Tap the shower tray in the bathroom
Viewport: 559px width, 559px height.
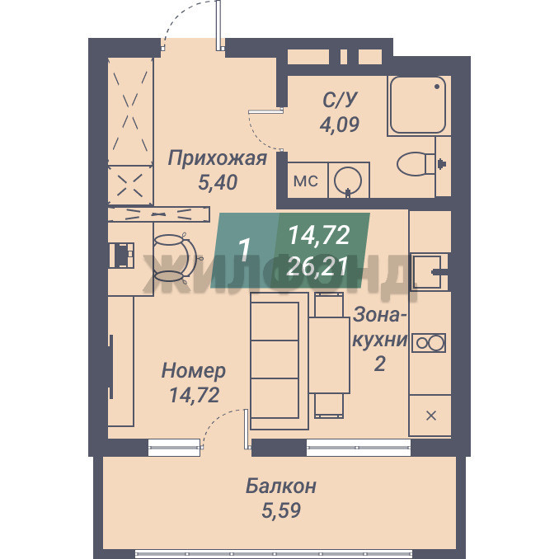pos(418,105)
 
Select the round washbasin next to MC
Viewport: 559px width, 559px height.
pos(348,181)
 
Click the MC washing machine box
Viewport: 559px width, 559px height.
pos(307,181)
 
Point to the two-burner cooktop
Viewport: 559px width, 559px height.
pos(429,343)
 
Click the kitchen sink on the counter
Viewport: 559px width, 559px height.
pos(428,271)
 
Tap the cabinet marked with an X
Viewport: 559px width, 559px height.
pos(430,416)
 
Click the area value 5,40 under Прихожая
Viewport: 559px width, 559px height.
pos(218,182)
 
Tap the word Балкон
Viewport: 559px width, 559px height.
pos(280,486)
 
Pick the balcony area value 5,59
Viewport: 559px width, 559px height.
pos(281,510)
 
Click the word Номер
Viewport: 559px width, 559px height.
pos(194,371)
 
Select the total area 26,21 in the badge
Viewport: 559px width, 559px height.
pos(317,266)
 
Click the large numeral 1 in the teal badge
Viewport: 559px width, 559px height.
pos(244,250)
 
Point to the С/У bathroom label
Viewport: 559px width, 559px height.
pos(340,100)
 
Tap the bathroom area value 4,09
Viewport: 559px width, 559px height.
pos(339,124)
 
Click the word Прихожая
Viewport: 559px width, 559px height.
pos(218,158)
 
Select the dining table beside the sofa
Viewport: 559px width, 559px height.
pos(329,355)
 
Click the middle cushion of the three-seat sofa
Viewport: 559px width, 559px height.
pos(275,359)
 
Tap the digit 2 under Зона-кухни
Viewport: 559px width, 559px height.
pos(379,364)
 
